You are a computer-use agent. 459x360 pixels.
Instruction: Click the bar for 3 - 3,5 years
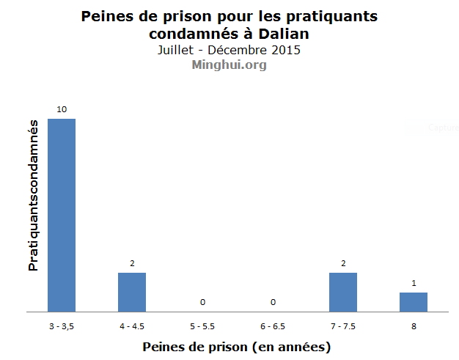pyautogui.click(x=62, y=215)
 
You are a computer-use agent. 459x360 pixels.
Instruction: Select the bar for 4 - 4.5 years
pyautogui.click(x=132, y=292)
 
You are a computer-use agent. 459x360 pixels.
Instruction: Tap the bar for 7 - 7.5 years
pyautogui.click(x=343, y=292)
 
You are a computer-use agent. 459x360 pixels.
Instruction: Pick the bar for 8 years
pyautogui.click(x=414, y=302)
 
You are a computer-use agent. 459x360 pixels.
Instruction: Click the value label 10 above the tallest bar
pyautogui.click(x=62, y=109)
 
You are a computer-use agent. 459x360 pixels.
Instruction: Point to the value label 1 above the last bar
pyautogui.click(x=414, y=283)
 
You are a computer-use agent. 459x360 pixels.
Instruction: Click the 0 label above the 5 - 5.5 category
pyautogui.click(x=202, y=302)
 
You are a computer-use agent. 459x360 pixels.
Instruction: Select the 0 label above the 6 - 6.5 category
pyautogui.click(x=273, y=302)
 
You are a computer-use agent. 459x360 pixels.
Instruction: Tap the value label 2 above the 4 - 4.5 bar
pyautogui.click(x=132, y=263)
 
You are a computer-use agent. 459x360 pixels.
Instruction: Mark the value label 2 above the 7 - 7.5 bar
pyautogui.click(x=343, y=263)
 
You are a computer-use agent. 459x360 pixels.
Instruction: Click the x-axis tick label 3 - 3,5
pyautogui.click(x=62, y=325)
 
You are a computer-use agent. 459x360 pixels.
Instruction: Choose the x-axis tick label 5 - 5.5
pyautogui.click(x=202, y=325)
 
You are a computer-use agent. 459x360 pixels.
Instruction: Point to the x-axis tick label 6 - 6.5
pyautogui.click(x=273, y=325)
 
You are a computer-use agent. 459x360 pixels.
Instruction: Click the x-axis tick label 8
pyautogui.click(x=414, y=325)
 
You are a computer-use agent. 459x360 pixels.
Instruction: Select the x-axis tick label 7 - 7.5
pyautogui.click(x=343, y=325)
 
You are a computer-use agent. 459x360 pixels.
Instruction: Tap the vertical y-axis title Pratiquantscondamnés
pyautogui.click(x=33, y=197)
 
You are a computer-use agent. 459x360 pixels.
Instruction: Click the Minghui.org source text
pyautogui.click(x=229, y=65)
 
